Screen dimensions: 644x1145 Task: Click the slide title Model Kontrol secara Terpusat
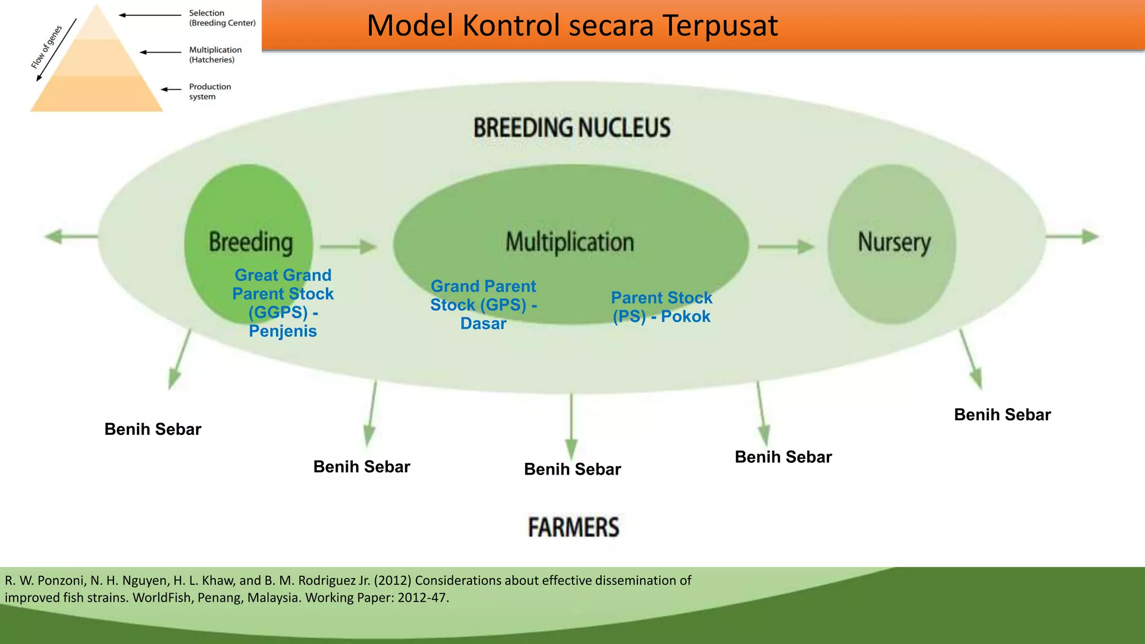point(571,26)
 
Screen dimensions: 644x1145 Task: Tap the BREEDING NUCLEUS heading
point(571,127)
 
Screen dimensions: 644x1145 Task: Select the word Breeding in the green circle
point(250,243)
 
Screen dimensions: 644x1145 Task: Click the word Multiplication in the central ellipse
point(570,242)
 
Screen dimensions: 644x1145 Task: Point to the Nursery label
point(894,243)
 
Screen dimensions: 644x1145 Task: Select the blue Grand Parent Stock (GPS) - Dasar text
point(483,305)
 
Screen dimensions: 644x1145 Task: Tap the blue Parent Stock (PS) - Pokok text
point(661,307)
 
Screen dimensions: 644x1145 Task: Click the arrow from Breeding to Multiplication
point(348,247)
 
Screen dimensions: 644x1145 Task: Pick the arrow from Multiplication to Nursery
point(786,247)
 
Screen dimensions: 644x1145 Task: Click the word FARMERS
point(574,527)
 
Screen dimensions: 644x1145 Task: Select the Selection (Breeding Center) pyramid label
point(222,18)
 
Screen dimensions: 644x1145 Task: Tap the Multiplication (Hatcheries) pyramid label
point(215,55)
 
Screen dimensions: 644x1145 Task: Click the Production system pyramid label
point(210,92)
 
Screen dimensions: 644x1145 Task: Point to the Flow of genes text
point(46,48)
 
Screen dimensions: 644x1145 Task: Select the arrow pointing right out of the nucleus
point(1072,236)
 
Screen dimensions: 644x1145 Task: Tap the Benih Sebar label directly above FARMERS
point(572,469)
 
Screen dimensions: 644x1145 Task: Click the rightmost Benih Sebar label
point(1002,415)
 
